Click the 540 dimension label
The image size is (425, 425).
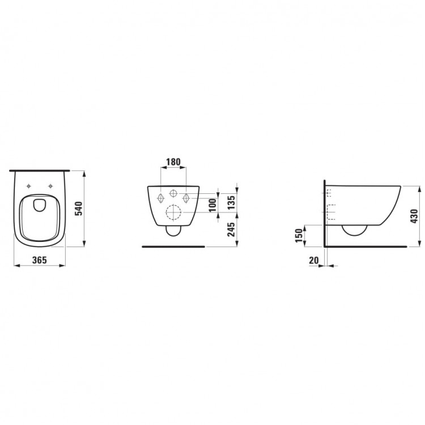pos(78,209)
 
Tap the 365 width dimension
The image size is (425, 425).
pos(40,260)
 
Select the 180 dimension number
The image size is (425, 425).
pos(173,162)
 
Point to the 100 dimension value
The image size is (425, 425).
pos(213,205)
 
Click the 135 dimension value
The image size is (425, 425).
pos(231,202)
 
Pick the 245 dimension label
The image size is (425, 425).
pos(231,229)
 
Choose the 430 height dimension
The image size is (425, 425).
pos(414,216)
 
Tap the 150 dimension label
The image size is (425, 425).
pos(299,236)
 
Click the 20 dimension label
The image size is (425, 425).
pos(314,260)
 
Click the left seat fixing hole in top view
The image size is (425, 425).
pos(29,186)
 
